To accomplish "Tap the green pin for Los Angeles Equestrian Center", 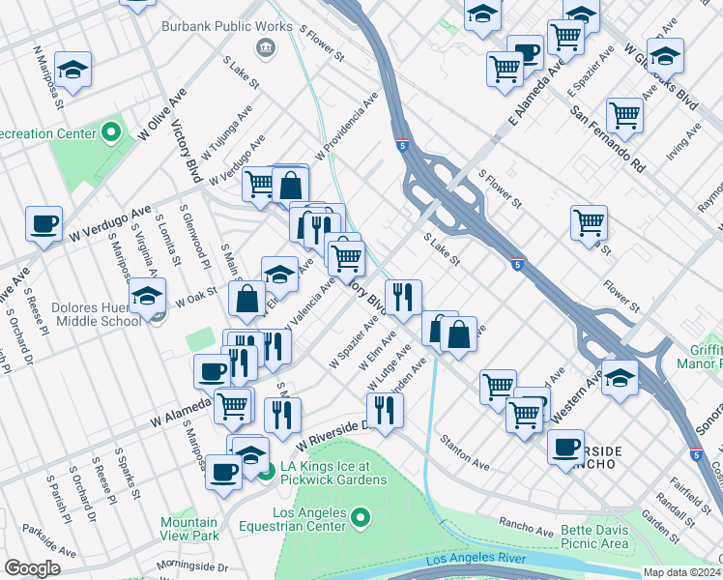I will tap(360, 519).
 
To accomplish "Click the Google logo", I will tap(32, 567).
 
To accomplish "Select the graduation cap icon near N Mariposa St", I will tap(72, 70).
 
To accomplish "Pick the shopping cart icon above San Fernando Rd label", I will tap(625, 115).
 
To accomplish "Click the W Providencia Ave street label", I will tap(345, 128).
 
